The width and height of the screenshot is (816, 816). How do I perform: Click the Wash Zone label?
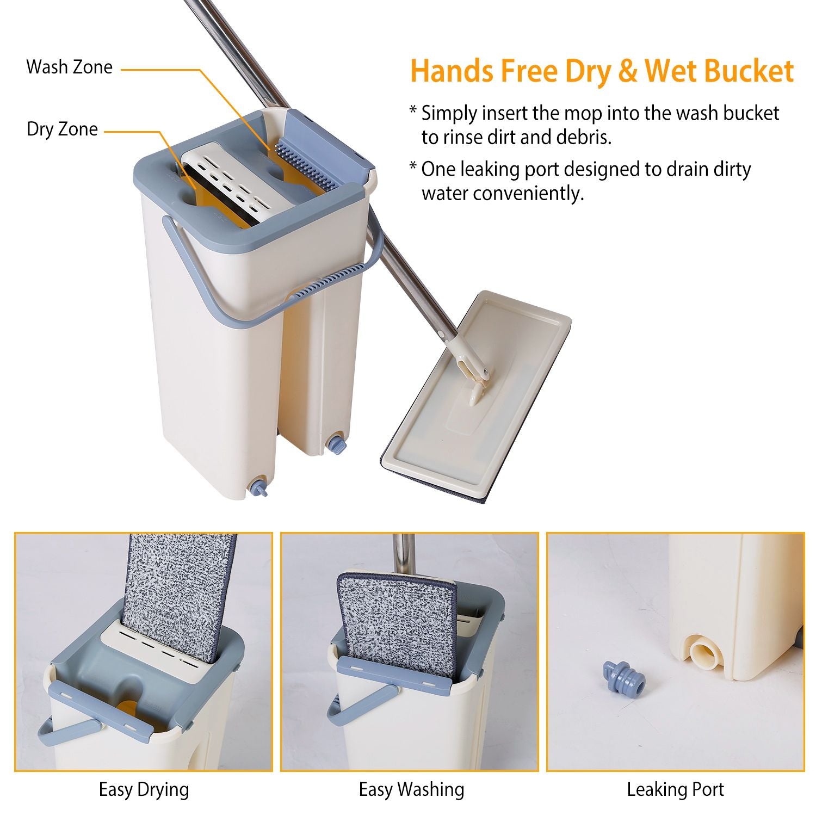pos(69,67)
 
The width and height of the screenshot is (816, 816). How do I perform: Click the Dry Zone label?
pos(63,129)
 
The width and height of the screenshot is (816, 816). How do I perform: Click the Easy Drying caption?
pos(144,789)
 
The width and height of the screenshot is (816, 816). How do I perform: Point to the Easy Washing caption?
pos(411,789)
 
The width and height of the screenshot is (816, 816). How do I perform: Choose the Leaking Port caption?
pos(675,789)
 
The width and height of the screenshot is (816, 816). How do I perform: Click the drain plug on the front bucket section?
pos(258,487)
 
